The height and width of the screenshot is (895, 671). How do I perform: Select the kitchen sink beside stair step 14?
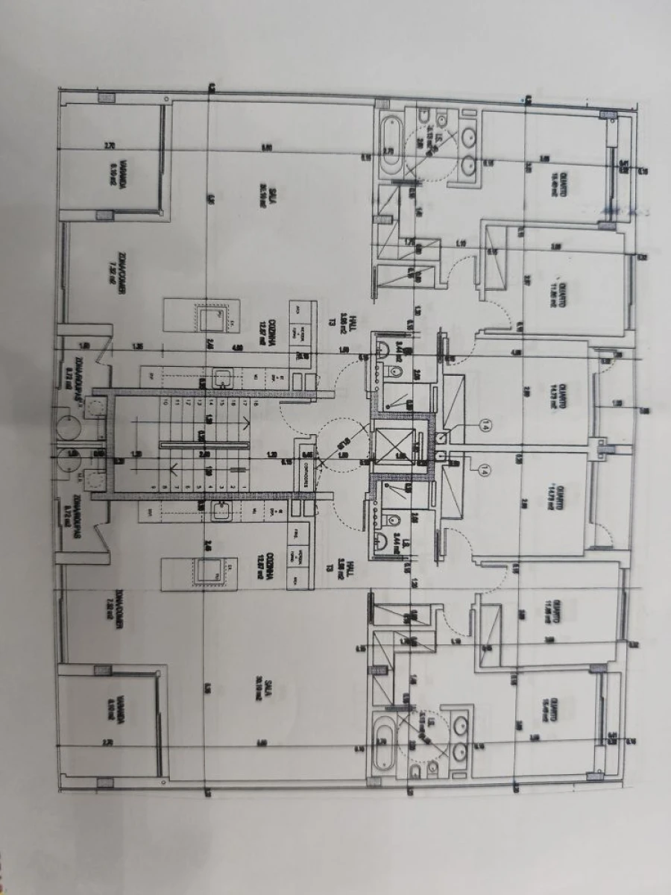pyautogui.click(x=221, y=378)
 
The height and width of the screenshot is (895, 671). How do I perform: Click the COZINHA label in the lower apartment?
pyautogui.click(x=260, y=568)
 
